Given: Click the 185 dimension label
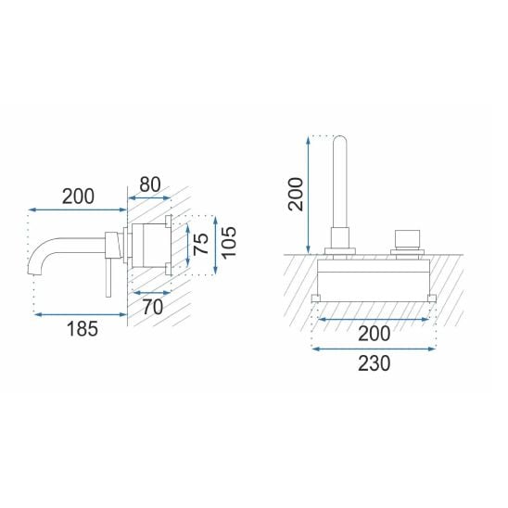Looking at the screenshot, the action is click(82, 328).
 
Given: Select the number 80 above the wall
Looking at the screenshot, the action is click(150, 184).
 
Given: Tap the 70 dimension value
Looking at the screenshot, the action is click(153, 307).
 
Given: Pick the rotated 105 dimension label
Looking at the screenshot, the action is click(229, 242).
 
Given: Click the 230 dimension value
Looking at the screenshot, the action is click(375, 363).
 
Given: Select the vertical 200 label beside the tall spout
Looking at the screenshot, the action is click(296, 195).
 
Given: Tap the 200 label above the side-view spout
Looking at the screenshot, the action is click(78, 197).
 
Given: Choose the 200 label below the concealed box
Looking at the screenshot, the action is click(375, 334).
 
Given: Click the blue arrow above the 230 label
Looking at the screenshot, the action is click(374, 349).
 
